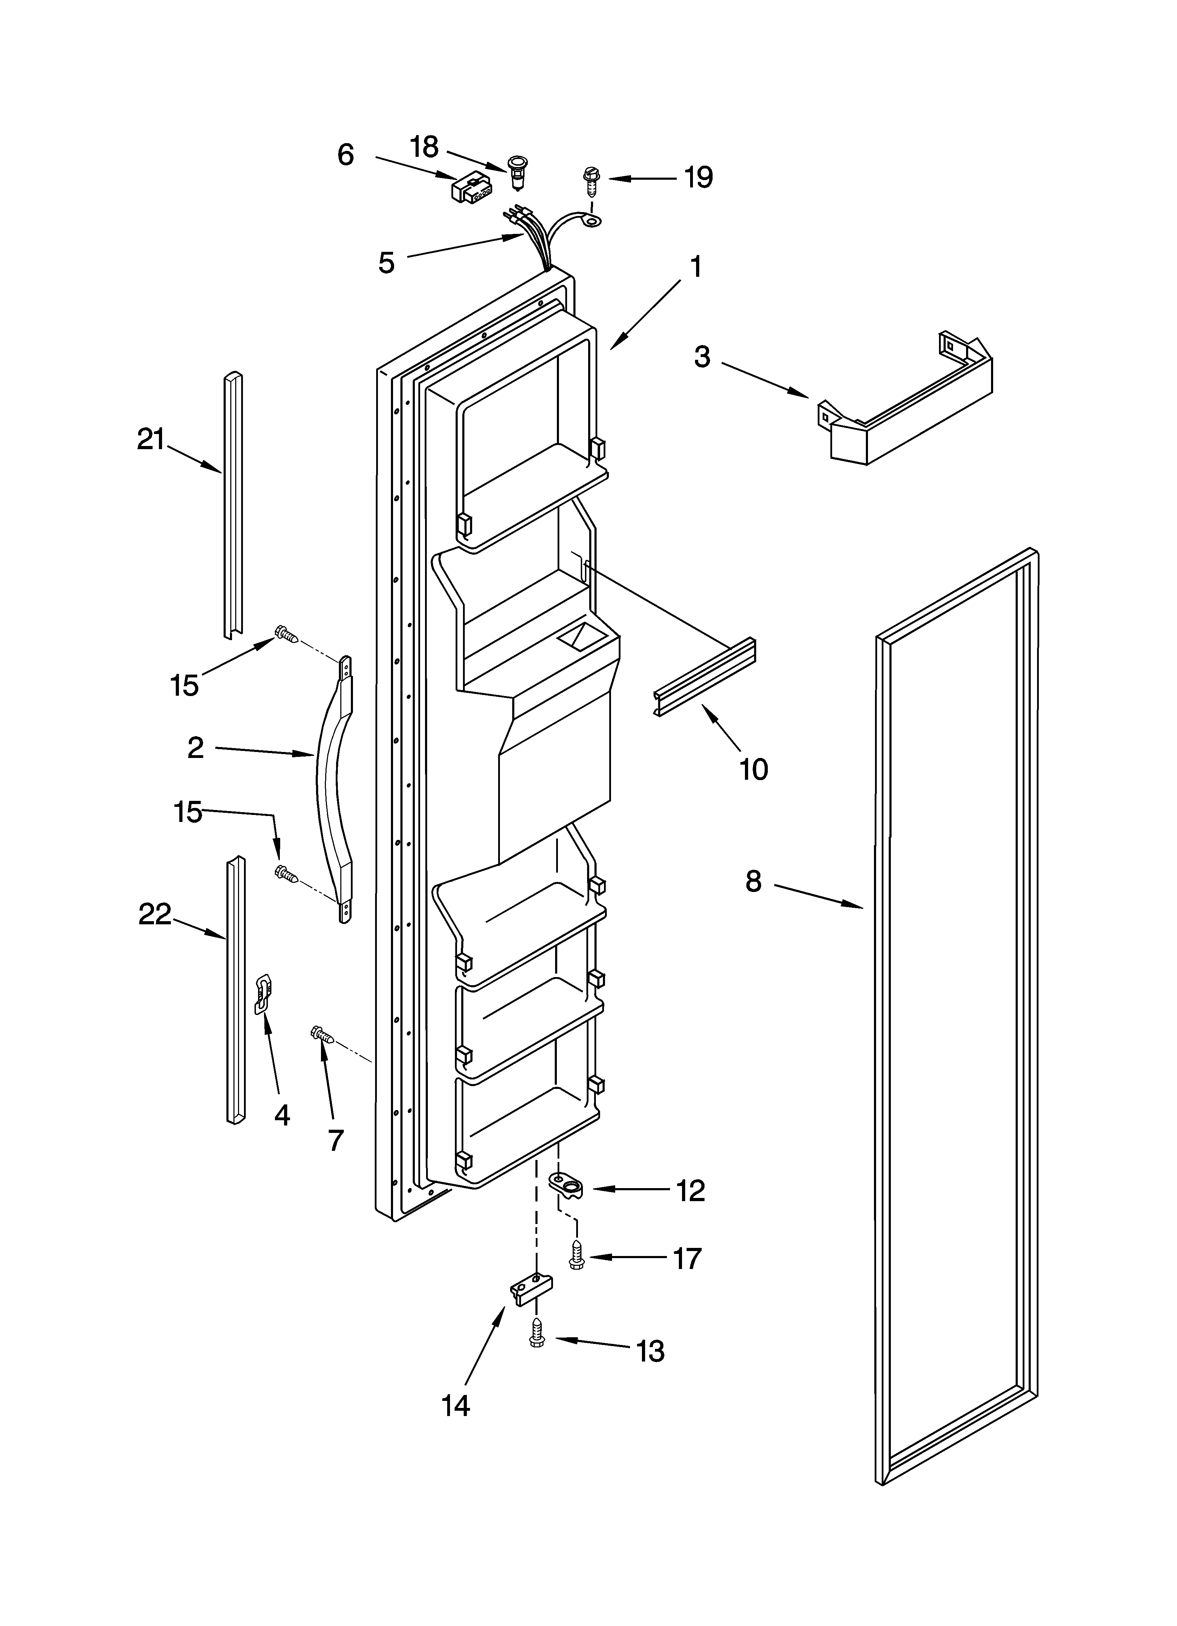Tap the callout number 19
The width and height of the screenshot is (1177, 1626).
pos(697,177)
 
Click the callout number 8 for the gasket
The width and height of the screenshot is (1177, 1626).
pos(753,881)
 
